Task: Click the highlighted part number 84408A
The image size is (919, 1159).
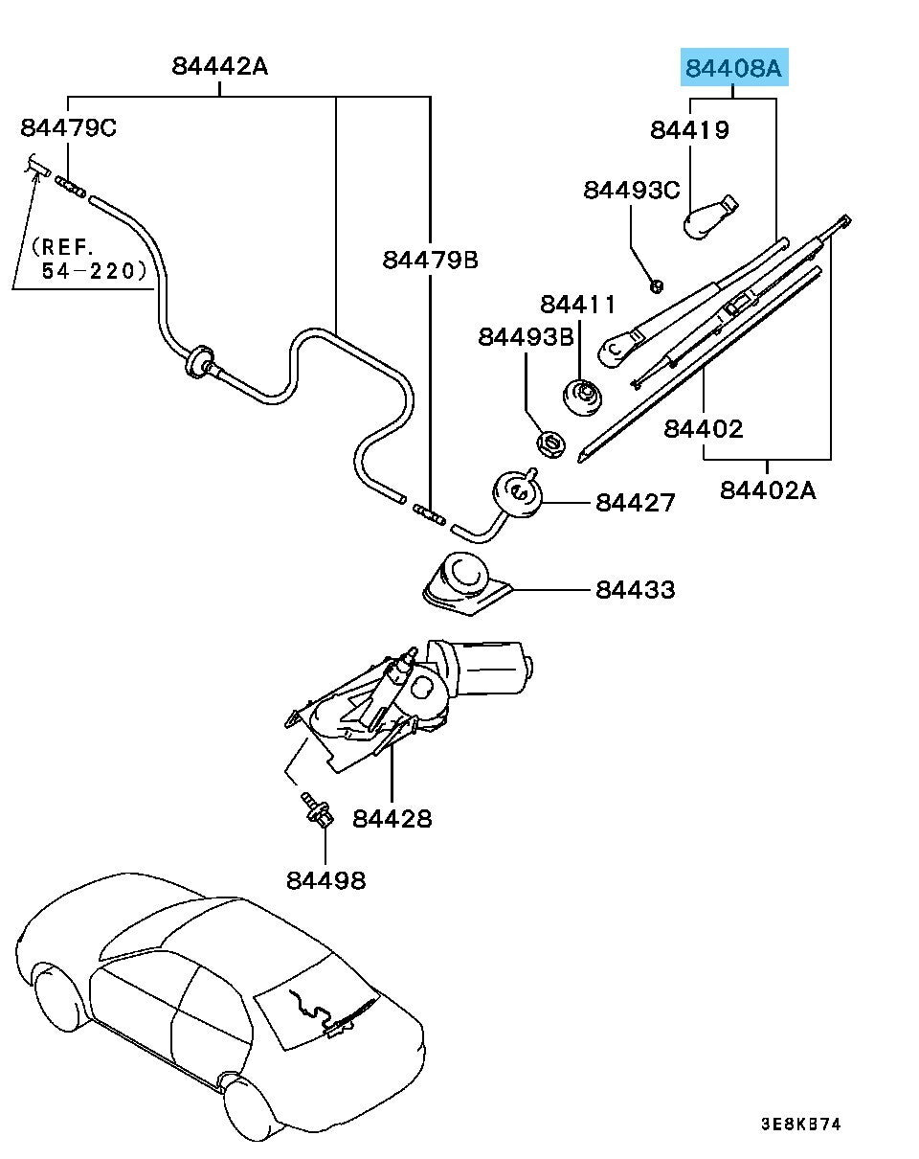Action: (x=733, y=69)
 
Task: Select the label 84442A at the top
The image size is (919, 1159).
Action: (x=220, y=66)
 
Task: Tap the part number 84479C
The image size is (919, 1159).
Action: (x=69, y=128)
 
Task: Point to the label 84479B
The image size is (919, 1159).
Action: (x=430, y=259)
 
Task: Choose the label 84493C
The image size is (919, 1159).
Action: (x=632, y=191)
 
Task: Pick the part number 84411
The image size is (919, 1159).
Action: (x=577, y=306)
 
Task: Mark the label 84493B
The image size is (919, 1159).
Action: (x=527, y=337)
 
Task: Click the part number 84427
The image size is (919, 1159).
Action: (x=636, y=503)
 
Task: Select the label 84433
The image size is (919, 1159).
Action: (x=635, y=589)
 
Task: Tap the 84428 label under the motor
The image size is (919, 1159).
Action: (x=392, y=819)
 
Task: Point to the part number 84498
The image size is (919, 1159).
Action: (x=325, y=879)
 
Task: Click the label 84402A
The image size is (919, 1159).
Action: (x=768, y=490)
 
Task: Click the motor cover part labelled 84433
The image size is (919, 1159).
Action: (x=465, y=583)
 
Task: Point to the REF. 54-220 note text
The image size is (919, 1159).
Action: (x=92, y=260)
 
